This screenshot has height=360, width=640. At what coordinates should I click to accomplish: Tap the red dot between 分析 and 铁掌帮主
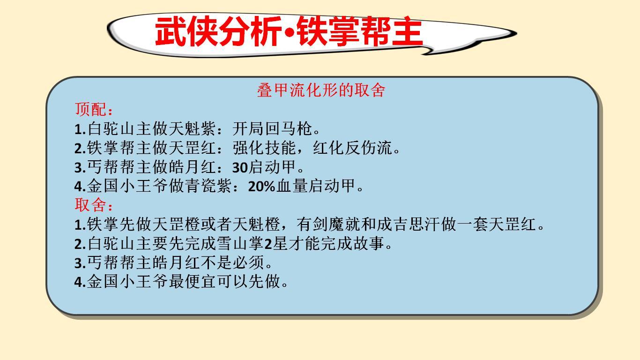click(x=290, y=33)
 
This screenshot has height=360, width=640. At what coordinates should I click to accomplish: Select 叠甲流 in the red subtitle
click(x=281, y=90)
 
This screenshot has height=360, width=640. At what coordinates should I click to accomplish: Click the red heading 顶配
click(x=90, y=110)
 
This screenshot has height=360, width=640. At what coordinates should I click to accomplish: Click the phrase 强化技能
click(x=264, y=148)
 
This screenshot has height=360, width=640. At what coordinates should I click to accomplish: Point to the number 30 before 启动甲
click(x=240, y=167)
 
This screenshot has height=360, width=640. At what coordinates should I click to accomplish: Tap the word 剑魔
click(x=328, y=224)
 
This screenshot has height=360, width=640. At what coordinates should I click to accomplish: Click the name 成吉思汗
click(x=409, y=224)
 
